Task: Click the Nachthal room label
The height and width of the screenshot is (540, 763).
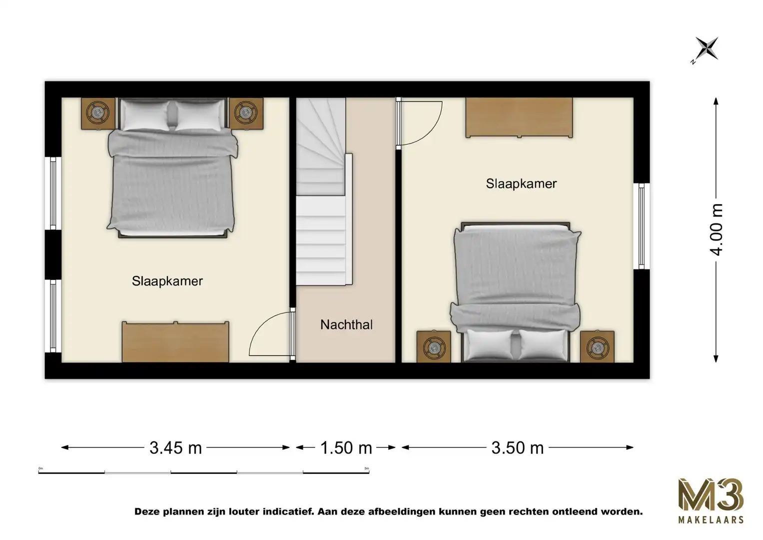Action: tap(346, 325)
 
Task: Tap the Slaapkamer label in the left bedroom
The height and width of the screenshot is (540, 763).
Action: tap(167, 281)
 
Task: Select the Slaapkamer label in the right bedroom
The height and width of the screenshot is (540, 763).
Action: tap(521, 183)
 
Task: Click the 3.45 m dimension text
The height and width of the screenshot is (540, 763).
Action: tap(175, 448)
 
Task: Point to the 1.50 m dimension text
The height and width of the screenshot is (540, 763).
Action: tap(346, 448)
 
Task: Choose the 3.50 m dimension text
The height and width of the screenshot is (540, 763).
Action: tap(517, 448)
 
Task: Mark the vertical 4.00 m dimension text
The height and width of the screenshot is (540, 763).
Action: tap(717, 229)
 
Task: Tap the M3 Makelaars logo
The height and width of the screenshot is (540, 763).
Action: tap(711, 500)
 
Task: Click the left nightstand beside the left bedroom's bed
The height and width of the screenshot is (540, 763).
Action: tap(98, 113)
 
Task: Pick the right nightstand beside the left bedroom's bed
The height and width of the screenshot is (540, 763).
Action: tap(246, 113)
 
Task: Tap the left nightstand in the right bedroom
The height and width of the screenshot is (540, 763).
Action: tap(434, 346)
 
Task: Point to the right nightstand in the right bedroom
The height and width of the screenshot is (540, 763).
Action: tap(597, 346)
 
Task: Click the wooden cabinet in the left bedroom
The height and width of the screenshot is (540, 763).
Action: tap(175, 341)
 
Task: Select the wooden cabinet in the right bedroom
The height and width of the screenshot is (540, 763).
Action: tap(519, 117)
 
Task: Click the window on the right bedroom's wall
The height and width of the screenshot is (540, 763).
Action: tap(641, 226)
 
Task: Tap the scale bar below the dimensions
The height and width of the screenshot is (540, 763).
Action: tap(203, 471)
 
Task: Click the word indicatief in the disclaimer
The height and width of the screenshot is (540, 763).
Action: tap(282, 511)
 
